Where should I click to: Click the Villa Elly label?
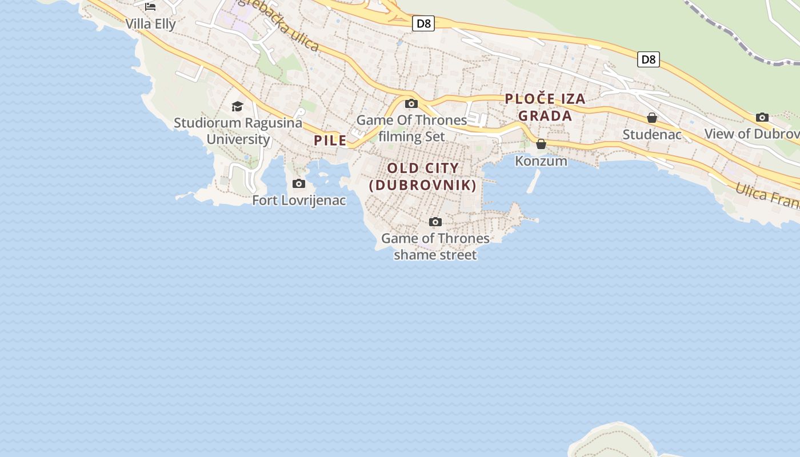[150, 24]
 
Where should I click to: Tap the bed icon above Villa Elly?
[150, 7]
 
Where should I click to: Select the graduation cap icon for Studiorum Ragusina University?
[237, 106]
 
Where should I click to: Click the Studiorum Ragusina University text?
[238, 131]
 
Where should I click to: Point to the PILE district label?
[330, 141]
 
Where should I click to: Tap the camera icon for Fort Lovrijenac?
[298, 184]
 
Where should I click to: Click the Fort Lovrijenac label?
[299, 201]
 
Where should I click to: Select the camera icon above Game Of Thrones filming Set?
[411, 104]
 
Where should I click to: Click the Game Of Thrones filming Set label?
[411, 129]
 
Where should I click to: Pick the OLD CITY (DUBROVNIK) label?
[423, 177]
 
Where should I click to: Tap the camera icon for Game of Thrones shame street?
[435, 222]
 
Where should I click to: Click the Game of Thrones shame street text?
[435, 246]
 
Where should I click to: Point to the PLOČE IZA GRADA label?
[545, 107]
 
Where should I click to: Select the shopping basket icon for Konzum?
[541, 144]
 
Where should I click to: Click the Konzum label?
[541, 161]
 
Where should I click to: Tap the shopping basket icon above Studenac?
[651, 118]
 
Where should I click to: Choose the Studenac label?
[652, 135]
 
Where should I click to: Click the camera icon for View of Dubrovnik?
[762, 117]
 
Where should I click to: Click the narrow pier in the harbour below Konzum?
[534, 181]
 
